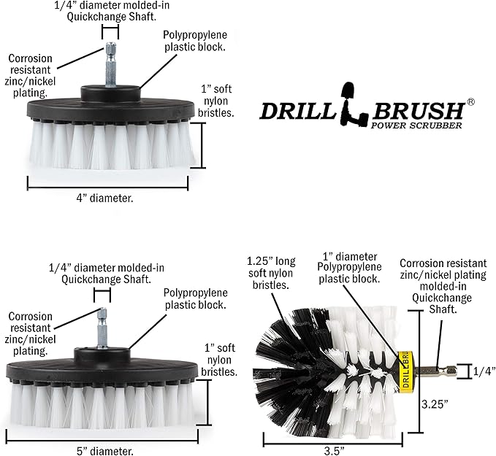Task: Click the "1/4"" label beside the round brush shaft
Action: click(x=481, y=371)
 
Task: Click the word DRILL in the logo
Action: click(x=298, y=111)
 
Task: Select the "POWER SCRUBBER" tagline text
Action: click(x=416, y=125)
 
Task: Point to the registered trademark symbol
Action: click(x=471, y=103)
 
